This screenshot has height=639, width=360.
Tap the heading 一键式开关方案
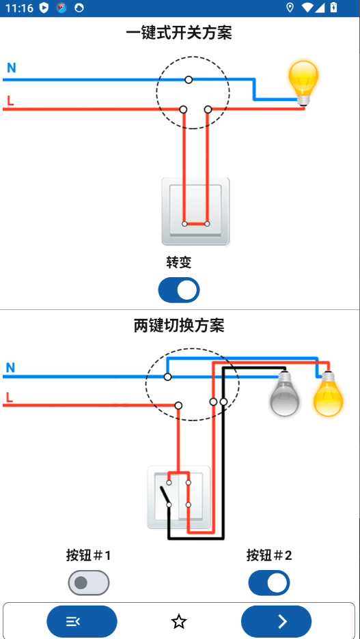coord(179,32)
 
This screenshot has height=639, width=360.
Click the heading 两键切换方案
coord(179,326)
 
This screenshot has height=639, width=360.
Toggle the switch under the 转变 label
coord(179,290)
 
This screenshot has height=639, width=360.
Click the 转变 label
coord(179,262)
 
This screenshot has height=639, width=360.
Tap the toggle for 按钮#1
coord(89,583)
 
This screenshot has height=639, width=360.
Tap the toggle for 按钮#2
coord(269,583)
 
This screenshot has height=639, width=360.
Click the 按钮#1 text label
coord(89,556)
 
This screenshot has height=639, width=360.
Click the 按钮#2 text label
coord(269,556)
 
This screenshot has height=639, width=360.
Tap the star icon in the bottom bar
coord(179,621)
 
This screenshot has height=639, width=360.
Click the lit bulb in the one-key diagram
coord(303,81)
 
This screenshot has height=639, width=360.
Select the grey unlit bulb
coord(284,395)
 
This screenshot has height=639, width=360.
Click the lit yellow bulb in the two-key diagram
coord(328,395)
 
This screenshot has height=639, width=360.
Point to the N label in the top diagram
coord(12,68)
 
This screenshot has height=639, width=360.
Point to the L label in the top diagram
coord(10,102)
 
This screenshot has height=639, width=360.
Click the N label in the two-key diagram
coord(10,368)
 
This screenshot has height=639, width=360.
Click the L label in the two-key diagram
coord(10,397)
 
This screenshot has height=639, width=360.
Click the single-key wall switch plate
coord(195,211)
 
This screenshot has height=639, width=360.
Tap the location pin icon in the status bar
coord(290,8)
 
